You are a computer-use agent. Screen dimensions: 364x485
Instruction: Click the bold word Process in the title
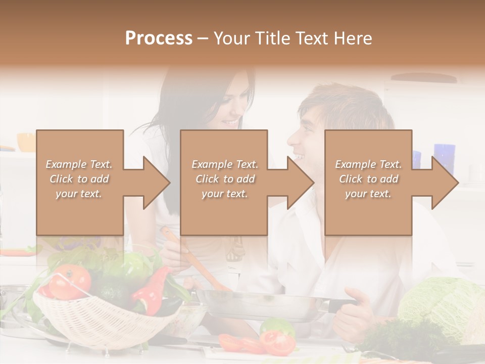click(x=159, y=38)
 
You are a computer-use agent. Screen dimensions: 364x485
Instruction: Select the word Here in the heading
click(x=352, y=38)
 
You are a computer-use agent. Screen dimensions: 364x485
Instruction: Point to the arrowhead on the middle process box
click(x=300, y=183)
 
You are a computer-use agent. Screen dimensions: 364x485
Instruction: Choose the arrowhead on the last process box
click(x=444, y=183)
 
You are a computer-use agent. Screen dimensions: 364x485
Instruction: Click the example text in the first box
click(x=79, y=179)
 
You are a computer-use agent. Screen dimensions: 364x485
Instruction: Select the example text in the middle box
click(x=224, y=179)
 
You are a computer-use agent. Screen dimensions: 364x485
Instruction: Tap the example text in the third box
click(x=368, y=179)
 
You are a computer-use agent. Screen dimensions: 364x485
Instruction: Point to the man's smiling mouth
click(x=300, y=157)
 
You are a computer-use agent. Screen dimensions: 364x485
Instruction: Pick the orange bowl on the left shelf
click(x=26, y=142)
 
